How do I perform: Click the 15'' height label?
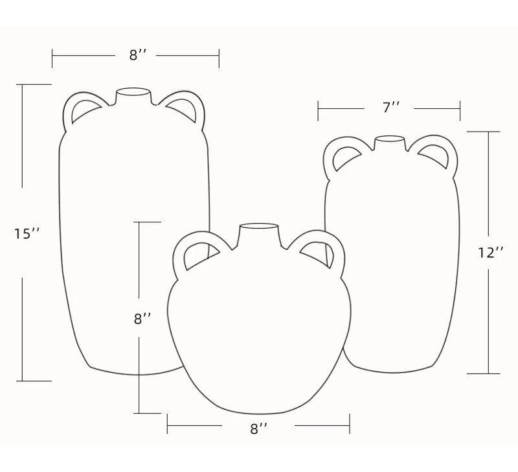27,233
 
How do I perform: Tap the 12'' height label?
491,253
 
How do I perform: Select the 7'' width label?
391,108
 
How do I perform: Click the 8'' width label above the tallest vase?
137,55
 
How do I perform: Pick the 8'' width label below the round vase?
258,429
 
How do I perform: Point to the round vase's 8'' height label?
142,319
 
